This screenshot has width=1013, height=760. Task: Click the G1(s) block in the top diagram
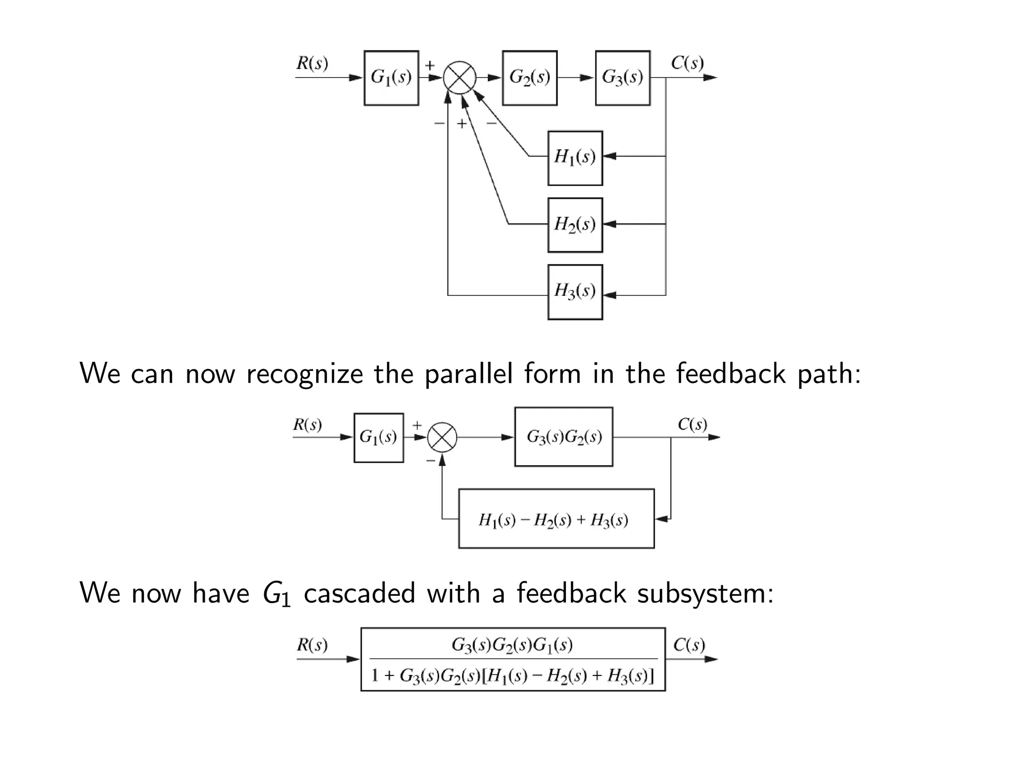[x=391, y=78]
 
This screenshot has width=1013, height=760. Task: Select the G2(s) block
[x=529, y=78]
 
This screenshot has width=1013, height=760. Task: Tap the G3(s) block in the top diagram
[x=622, y=78]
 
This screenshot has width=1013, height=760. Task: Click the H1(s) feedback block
[x=575, y=158]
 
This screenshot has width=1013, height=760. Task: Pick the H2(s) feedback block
[x=575, y=225]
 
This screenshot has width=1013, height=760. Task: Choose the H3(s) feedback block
[x=575, y=292]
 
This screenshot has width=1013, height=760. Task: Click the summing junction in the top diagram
[x=460, y=78]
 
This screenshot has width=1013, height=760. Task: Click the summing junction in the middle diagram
[x=442, y=437]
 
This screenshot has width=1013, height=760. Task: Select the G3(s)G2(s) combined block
[x=563, y=437]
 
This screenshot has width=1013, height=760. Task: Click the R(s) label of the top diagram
[x=312, y=63]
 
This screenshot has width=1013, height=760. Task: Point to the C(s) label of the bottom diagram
[x=689, y=645]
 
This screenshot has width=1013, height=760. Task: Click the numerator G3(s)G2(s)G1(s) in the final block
[x=512, y=645]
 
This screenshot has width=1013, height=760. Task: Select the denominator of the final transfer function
[x=512, y=675]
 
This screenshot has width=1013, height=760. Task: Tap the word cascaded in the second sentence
[x=359, y=593]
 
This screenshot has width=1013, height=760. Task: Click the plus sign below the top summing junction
[x=461, y=124]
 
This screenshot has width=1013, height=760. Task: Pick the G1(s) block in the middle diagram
[x=378, y=437]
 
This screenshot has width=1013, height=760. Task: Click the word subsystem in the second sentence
[x=704, y=593]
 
